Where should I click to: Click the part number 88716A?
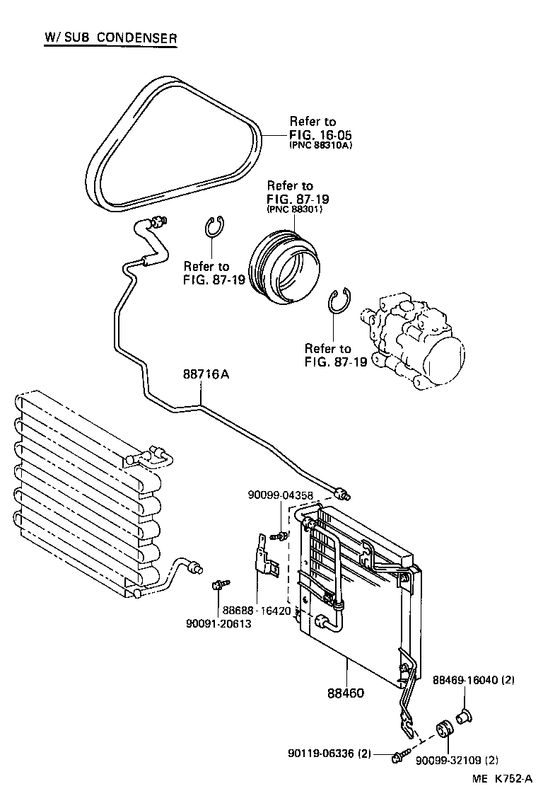click(x=206, y=376)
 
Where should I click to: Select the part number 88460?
click(x=345, y=692)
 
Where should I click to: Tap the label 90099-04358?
click(x=280, y=495)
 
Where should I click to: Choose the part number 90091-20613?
click(x=218, y=623)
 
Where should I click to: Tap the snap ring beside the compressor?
click(x=339, y=301)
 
